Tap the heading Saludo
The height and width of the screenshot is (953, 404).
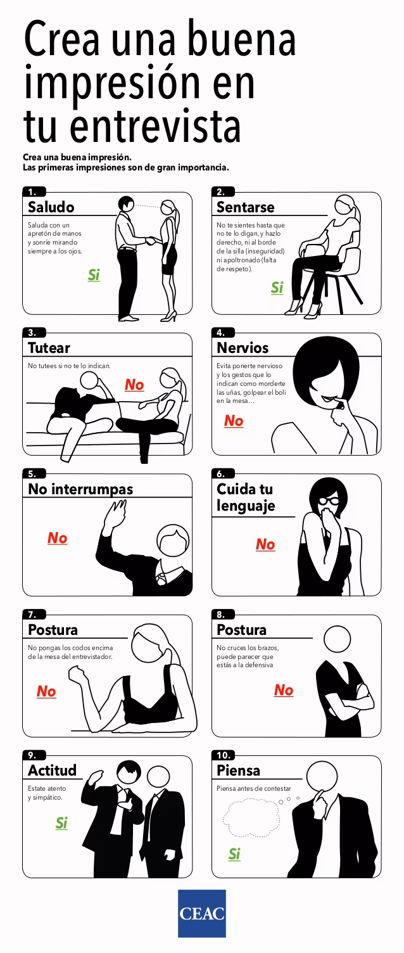(x=51, y=207)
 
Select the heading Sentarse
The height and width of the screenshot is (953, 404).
(x=246, y=207)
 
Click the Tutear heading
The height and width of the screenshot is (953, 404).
(x=49, y=348)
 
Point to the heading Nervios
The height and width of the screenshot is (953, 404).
(x=243, y=348)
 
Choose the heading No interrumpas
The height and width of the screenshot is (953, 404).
(x=80, y=489)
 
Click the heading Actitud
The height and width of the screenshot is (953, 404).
(x=52, y=771)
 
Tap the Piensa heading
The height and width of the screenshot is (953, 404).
(x=238, y=771)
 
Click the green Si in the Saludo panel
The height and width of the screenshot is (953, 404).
(x=94, y=275)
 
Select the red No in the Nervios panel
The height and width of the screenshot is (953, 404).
(x=234, y=421)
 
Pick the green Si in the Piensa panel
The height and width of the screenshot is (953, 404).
(x=234, y=854)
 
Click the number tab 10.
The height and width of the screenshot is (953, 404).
(x=224, y=755)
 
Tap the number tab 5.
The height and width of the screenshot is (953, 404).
(x=33, y=473)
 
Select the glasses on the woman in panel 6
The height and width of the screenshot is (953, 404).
(x=329, y=501)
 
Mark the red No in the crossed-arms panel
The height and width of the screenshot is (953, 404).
(x=284, y=690)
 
